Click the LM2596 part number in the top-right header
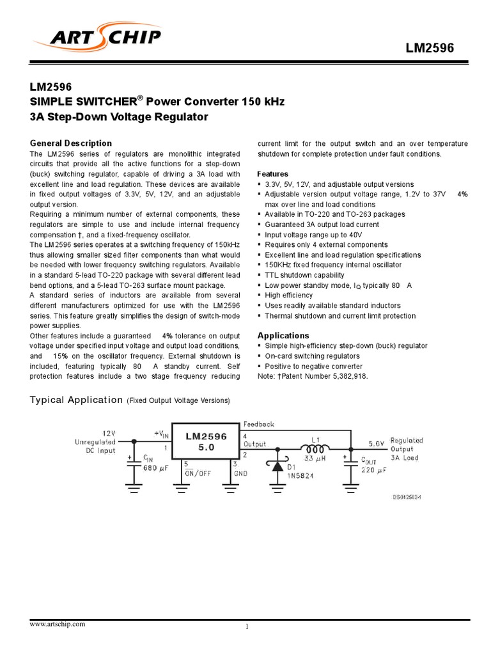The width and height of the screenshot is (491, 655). (x=430, y=49)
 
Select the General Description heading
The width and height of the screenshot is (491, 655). (x=71, y=143)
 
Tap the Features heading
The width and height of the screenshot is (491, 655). (x=272, y=174)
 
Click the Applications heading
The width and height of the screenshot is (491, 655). (x=283, y=335)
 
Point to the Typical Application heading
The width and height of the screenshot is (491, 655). (x=77, y=400)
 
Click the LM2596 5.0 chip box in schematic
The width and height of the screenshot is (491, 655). (x=206, y=442)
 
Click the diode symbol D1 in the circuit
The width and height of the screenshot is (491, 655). (x=278, y=466)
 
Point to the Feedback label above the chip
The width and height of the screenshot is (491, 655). (x=259, y=424)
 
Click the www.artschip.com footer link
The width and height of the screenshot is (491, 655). (x=57, y=624)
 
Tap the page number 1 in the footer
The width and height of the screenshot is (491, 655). (x=246, y=627)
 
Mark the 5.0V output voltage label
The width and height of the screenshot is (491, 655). (x=377, y=442)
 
